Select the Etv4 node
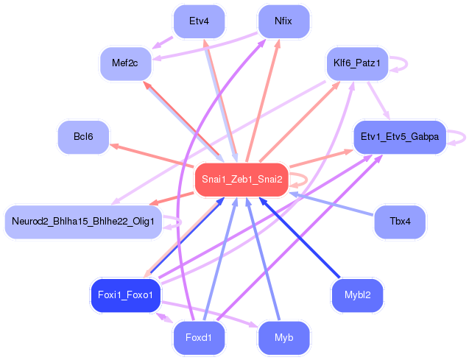point(199,21)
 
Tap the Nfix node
point(283,21)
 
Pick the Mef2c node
point(125,63)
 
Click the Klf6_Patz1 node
point(356,63)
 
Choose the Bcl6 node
point(83,137)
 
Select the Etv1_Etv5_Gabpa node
point(400,137)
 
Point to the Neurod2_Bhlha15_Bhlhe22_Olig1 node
point(82,222)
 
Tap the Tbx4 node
point(400,222)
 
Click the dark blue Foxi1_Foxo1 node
point(124,295)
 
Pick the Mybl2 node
point(357,295)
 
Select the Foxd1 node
point(199,338)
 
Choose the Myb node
point(283,338)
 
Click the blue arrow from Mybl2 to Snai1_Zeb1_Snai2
point(301,238)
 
